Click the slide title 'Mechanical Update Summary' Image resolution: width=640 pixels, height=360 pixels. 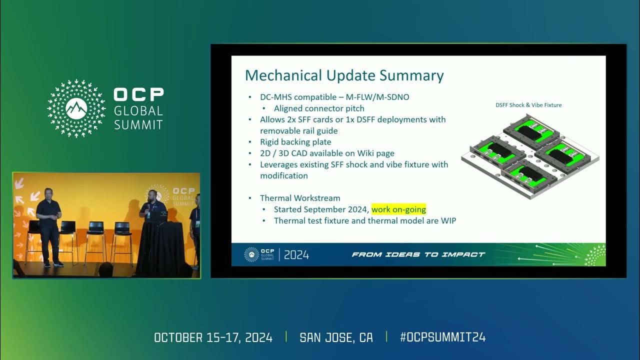coord(344,75)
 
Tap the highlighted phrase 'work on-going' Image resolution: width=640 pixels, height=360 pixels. coord(398,209)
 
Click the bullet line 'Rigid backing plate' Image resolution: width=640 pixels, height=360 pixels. coord(295,142)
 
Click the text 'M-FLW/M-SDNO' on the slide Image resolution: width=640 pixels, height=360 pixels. coord(377,97)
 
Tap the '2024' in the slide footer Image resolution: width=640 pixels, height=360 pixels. coord(296,255)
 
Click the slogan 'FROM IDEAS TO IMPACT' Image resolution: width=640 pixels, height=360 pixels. coord(418,254)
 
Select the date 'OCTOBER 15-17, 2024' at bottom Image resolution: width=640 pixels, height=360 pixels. coord(213,337)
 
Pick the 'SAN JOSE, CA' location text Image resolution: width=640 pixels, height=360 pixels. coord(336,337)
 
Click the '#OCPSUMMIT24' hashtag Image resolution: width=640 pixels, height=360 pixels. coord(442,337)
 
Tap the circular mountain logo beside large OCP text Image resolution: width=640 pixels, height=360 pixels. coord(76,108)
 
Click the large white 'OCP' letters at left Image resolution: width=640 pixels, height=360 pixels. coord(138,95)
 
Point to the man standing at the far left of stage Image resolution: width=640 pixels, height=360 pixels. coord(49,225)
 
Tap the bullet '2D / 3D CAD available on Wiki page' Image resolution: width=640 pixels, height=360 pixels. coord(327,153)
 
